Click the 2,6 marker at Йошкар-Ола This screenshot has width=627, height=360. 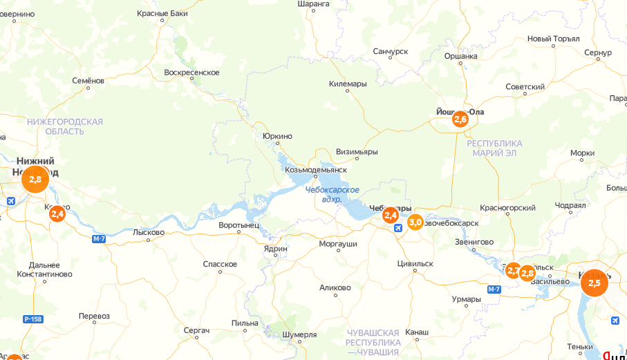pyautogui.click(x=460, y=120)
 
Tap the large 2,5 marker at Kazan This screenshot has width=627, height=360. pyautogui.click(x=594, y=283)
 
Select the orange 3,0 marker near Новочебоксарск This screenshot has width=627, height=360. pyautogui.click(x=415, y=222)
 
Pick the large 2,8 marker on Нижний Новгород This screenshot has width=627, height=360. pyautogui.click(x=35, y=179)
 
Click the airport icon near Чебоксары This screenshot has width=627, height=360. pyautogui.click(x=397, y=228)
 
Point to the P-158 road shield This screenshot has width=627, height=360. pyautogui.click(x=32, y=319)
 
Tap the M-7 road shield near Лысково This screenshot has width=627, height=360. pyautogui.click(x=99, y=239)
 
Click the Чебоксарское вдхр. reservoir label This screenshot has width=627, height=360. pyautogui.click(x=332, y=194)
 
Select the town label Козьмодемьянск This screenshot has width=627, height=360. pyautogui.click(x=316, y=169)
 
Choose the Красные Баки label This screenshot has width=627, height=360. pyautogui.click(x=162, y=13)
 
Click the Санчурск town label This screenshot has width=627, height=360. pyautogui.click(x=391, y=52)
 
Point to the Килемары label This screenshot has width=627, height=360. pyautogui.click(x=348, y=84)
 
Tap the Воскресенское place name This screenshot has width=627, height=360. pyautogui.click(x=191, y=73)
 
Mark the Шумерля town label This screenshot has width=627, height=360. pyautogui.click(x=299, y=334)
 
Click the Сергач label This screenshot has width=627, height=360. pyautogui.click(x=196, y=331)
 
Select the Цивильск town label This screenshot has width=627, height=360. pyautogui.click(x=415, y=263)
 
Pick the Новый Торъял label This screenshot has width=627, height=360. pyautogui.click(x=553, y=39)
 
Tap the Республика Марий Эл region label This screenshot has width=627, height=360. pyautogui.click(x=494, y=148)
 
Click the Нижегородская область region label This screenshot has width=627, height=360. pyautogui.click(x=65, y=126)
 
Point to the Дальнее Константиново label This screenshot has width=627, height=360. pyautogui.click(x=44, y=269)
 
